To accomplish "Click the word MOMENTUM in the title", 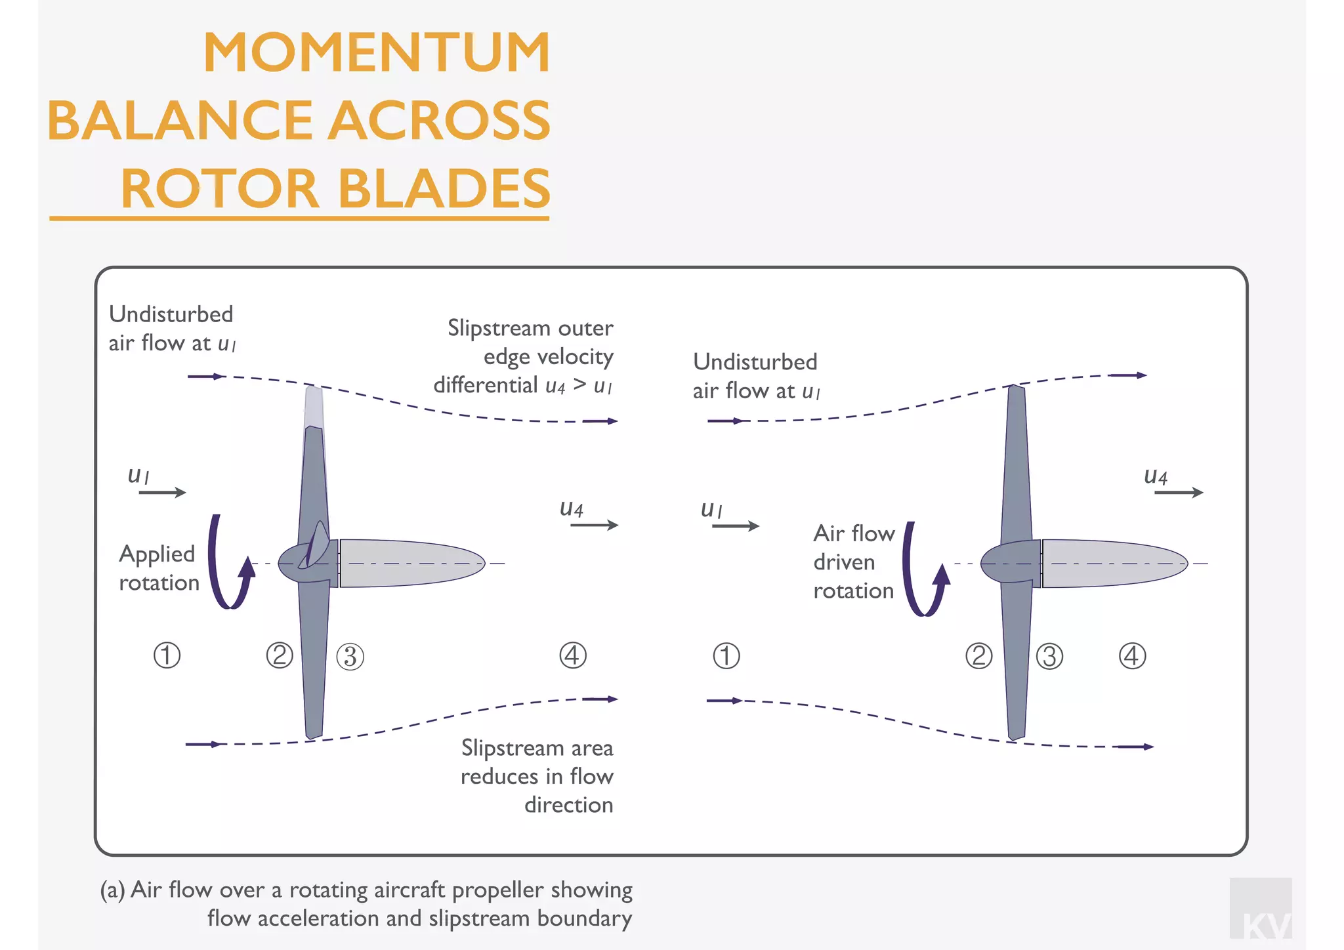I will [x=377, y=52].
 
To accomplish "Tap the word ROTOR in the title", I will [x=220, y=189].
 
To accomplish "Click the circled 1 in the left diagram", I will [x=167, y=655].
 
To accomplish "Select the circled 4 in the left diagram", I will [x=573, y=655].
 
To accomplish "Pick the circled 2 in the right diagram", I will [x=978, y=655].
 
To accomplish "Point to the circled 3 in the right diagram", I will [x=1049, y=657].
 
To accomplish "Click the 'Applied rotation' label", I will [x=158, y=568].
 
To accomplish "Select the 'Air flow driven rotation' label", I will [x=853, y=562].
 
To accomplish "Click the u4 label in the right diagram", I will [x=1155, y=476].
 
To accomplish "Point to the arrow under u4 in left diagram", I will [x=594, y=525].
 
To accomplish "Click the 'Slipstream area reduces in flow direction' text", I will [x=537, y=776].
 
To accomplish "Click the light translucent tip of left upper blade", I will [x=314, y=407].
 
